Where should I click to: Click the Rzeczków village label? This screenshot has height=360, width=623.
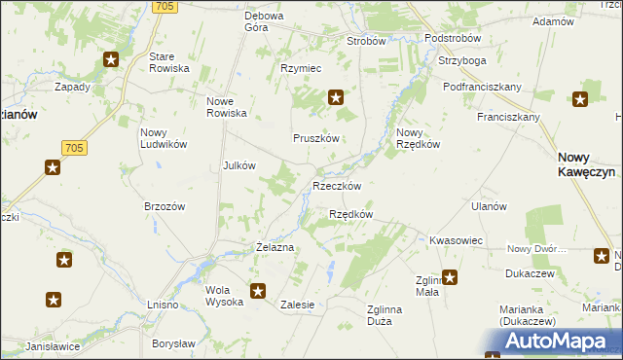[x=337, y=186]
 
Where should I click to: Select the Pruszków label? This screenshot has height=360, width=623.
[x=316, y=138]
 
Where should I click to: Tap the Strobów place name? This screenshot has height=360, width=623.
[x=367, y=42]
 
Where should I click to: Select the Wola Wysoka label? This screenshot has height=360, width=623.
[x=224, y=296]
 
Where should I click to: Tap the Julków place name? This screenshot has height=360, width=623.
[x=239, y=165]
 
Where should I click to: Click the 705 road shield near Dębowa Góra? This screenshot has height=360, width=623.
[x=165, y=7]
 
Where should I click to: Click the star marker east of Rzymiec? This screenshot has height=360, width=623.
[x=336, y=96]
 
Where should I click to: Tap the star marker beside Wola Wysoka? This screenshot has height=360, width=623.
[x=258, y=290]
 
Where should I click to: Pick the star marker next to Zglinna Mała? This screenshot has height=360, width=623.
[x=449, y=276]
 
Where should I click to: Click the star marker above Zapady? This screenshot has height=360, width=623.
[x=110, y=60]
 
